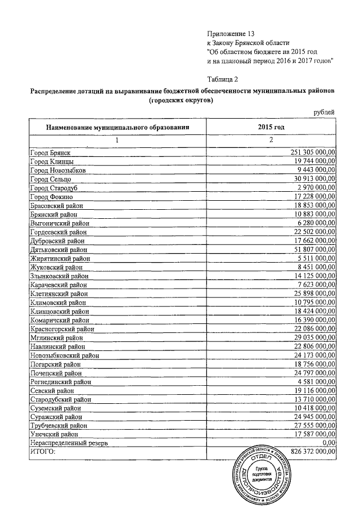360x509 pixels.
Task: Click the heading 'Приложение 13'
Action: pyautogui.click(x=231, y=34)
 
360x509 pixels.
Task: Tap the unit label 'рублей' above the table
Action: pyautogui.click(x=324, y=112)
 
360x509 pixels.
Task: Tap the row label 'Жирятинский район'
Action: pyautogui.click(x=60, y=258)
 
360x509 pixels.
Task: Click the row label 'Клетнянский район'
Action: pyautogui.click(x=59, y=293)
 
